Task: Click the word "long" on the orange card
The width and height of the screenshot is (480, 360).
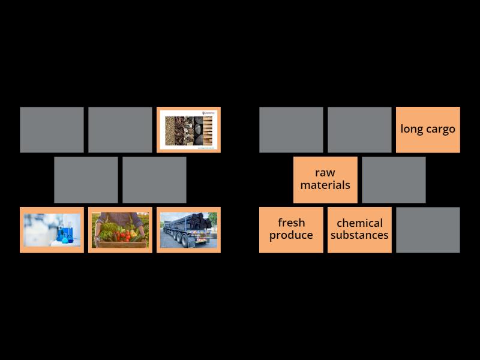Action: pyautogui.click(x=413, y=129)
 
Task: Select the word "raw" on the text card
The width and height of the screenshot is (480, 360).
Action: pyautogui.click(x=325, y=173)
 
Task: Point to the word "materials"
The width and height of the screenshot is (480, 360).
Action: pyautogui.click(x=325, y=185)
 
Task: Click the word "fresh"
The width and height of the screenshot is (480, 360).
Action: pyautogui.click(x=291, y=223)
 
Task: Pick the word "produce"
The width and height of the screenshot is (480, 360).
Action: pyautogui.click(x=291, y=235)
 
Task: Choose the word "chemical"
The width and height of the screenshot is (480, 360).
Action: pyautogui.click(x=359, y=223)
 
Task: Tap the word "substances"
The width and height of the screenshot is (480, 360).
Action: pyautogui.click(x=359, y=235)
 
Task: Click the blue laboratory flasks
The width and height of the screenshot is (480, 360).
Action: pyautogui.click(x=65, y=235)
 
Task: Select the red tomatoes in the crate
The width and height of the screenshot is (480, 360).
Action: pyautogui.click(x=124, y=236)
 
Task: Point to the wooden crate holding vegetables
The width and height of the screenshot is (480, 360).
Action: pyautogui.click(x=120, y=244)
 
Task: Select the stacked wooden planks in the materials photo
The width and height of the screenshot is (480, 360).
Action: pyautogui.click(x=208, y=129)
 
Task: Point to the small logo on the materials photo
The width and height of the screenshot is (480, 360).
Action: pyautogui.click(x=208, y=113)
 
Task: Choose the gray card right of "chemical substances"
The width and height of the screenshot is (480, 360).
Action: pyautogui.click(x=428, y=230)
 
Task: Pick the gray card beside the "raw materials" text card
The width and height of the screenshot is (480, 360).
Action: pyautogui.click(x=394, y=180)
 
